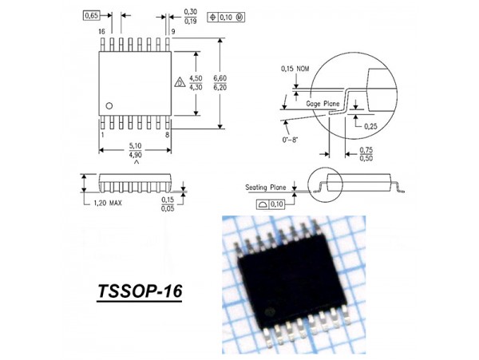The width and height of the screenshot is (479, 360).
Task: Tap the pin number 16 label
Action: click(x=101, y=31)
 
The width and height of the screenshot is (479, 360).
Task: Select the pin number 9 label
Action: click(x=172, y=31)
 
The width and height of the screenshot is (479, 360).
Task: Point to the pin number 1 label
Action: click(x=101, y=135)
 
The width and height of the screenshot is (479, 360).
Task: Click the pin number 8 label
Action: click(x=167, y=135)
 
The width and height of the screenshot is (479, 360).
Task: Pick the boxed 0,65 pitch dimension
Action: click(x=92, y=14)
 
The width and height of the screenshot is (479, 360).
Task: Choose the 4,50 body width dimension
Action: click(x=197, y=78)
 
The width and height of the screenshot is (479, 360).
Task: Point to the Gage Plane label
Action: click(x=322, y=103)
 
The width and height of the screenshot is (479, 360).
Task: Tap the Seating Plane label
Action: click(x=266, y=188)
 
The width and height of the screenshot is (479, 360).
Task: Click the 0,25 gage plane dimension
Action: click(x=370, y=126)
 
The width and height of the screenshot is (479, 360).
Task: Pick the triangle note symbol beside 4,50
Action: click(x=180, y=82)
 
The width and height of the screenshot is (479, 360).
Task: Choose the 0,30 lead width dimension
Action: click(x=191, y=12)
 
